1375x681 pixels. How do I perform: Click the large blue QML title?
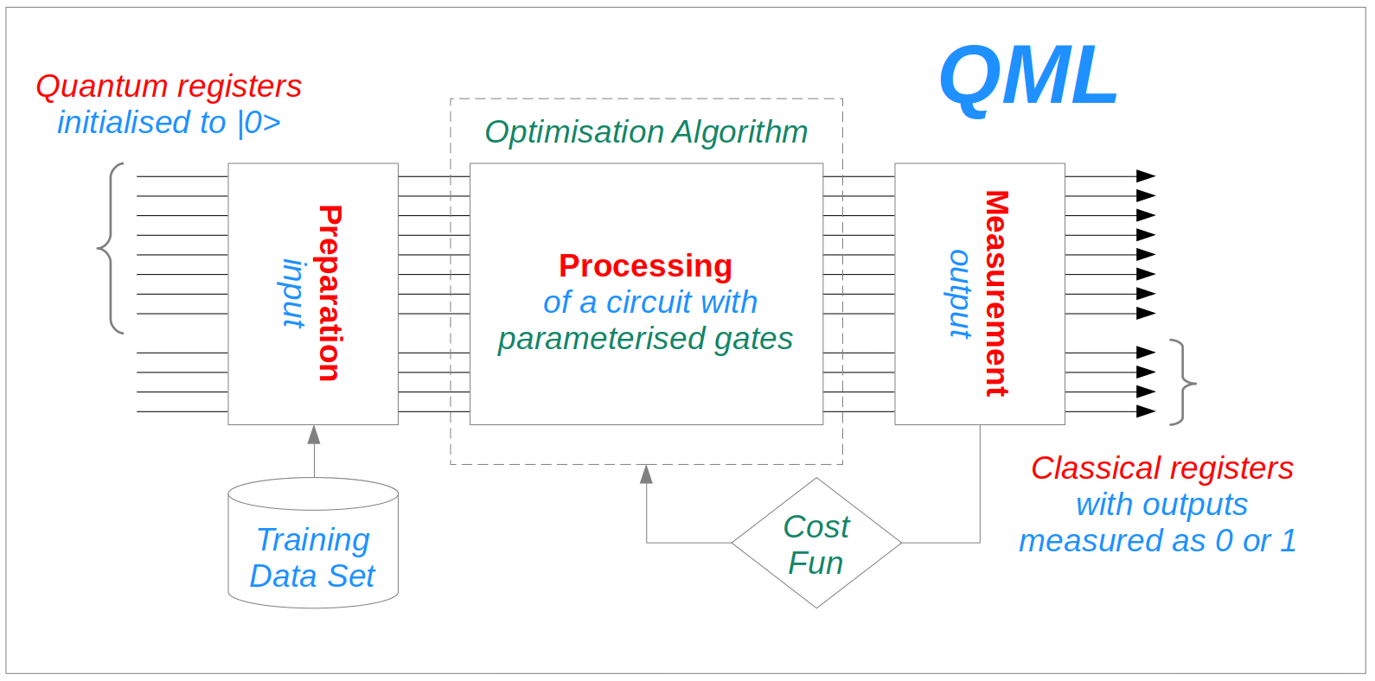(1028, 77)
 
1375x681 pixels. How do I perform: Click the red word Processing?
(645, 265)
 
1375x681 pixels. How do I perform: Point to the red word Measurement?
(997, 293)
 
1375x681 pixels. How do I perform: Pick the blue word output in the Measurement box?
(960, 293)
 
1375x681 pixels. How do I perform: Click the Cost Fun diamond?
(816, 544)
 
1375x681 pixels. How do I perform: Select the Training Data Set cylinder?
(313, 544)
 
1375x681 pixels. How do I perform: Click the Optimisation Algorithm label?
(646, 132)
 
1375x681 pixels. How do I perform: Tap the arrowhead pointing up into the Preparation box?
(314, 435)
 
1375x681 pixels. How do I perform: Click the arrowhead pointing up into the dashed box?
(646, 474)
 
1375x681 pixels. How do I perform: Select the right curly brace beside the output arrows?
(1182, 382)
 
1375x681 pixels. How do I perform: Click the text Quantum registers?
(169, 86)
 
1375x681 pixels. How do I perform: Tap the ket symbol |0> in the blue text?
(259, 123)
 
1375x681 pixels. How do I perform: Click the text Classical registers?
(1161, 468)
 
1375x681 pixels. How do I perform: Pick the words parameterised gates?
(645, 338)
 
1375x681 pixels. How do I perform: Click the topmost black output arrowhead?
(1146, 176)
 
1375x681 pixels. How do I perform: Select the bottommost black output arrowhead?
(1146, 412)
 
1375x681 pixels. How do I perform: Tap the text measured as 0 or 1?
(1157, 540)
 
